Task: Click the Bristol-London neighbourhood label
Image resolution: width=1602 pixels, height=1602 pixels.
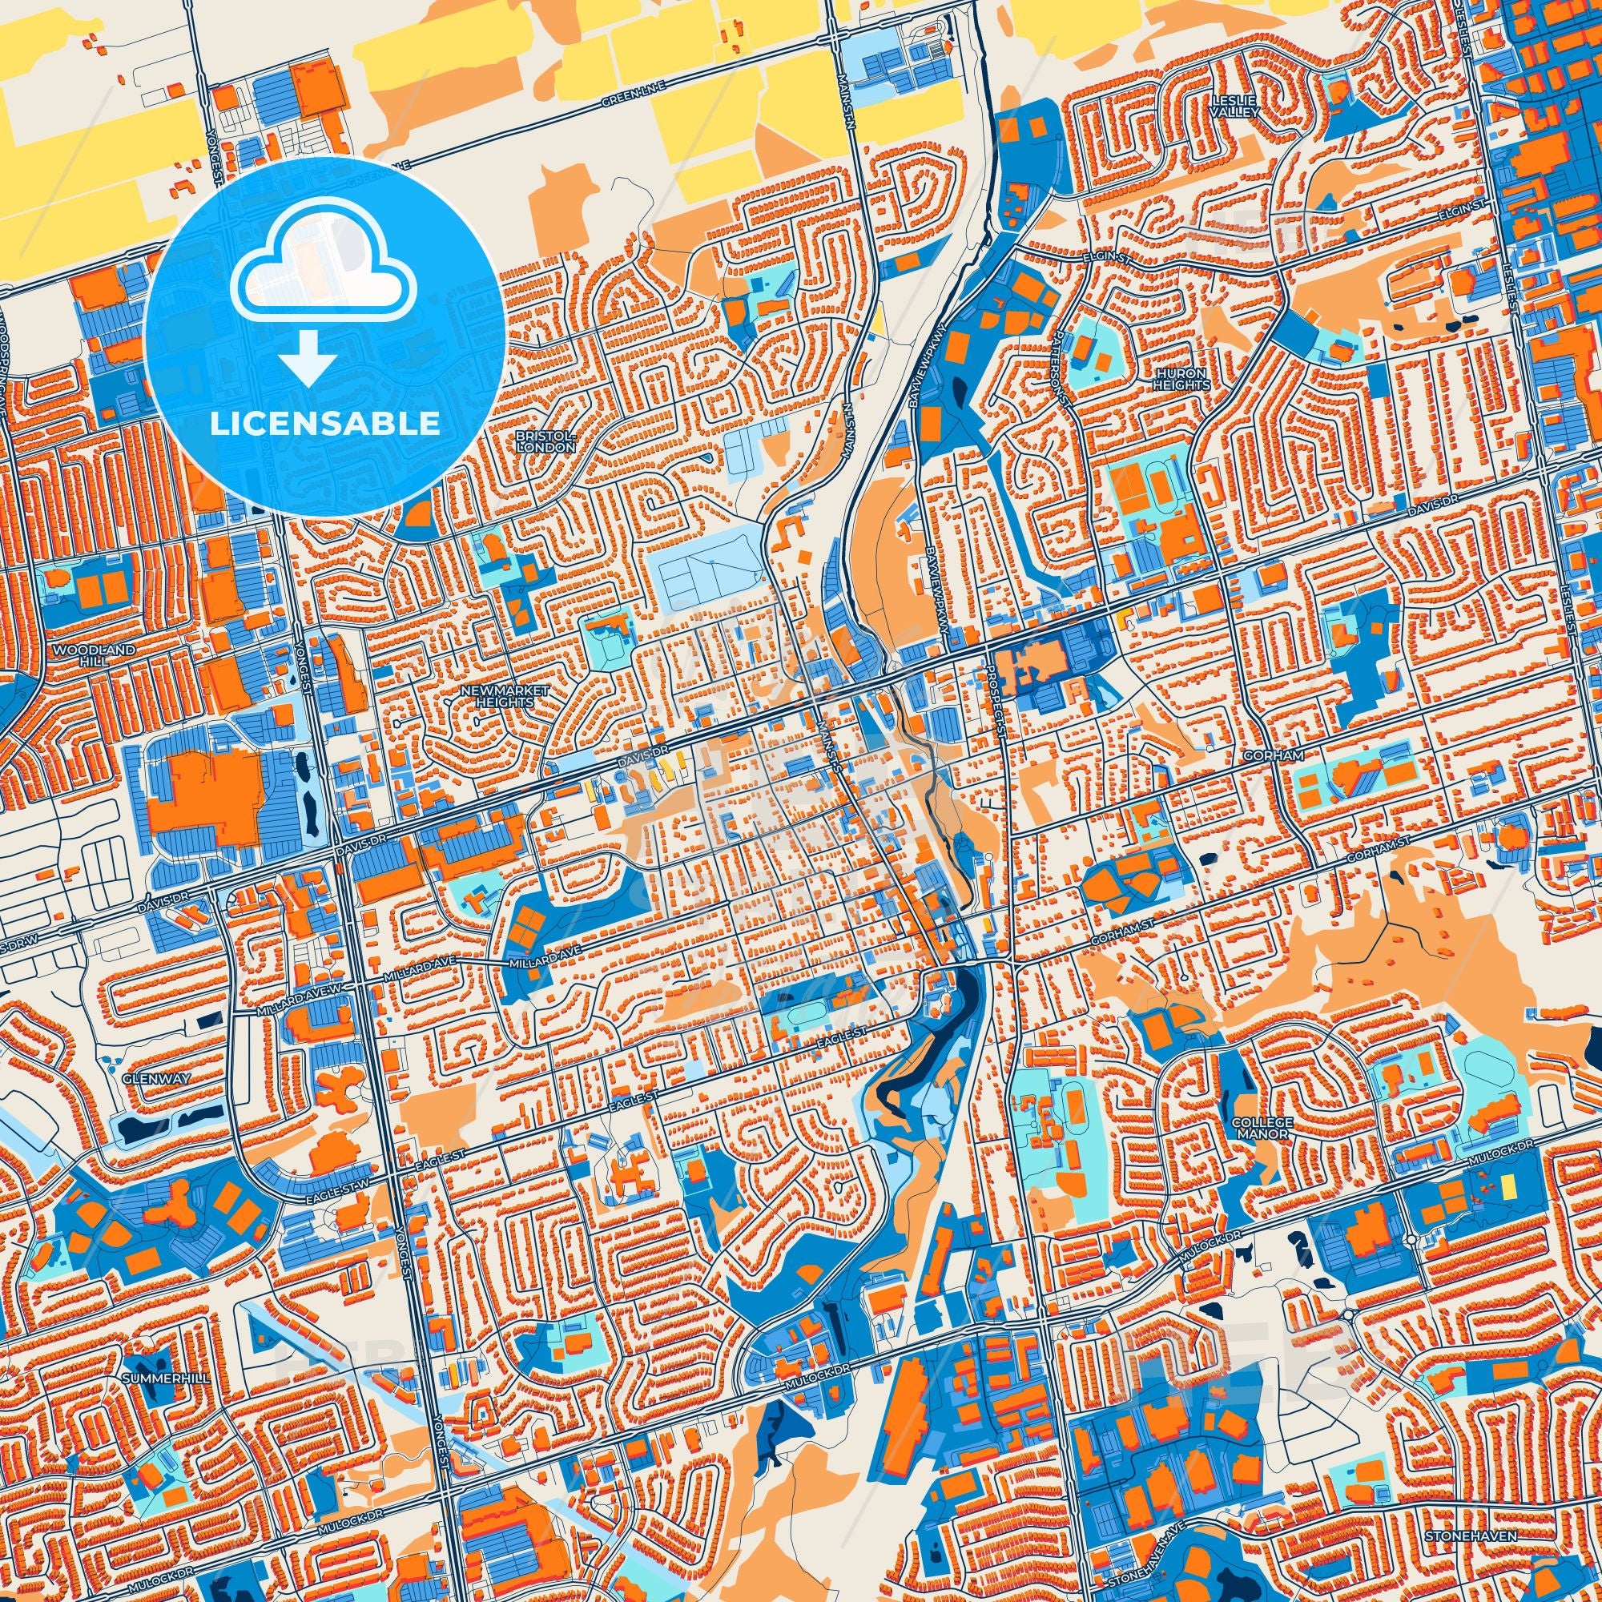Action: point(544,441)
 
